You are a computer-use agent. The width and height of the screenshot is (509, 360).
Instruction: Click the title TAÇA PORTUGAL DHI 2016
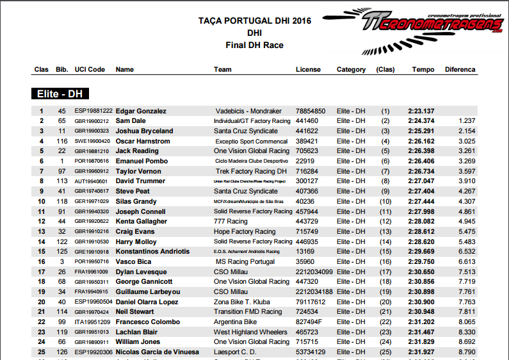coord(254,21)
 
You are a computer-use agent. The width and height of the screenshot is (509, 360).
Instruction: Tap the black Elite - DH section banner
coord(60,94)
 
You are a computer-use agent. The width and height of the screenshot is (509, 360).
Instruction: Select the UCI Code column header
coord(89,69)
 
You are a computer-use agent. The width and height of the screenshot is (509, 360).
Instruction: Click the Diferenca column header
coord(460,69)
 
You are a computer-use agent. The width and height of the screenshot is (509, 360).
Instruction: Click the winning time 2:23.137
coord(421,111)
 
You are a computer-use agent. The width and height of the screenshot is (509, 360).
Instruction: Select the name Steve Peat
coord(134,191)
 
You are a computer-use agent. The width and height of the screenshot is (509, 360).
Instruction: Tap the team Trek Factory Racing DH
coord(251,171)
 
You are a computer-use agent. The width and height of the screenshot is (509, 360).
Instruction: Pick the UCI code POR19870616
coord(92,161)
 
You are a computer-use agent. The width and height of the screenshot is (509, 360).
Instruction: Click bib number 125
coord(62,252)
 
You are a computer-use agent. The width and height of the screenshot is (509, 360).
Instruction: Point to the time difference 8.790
coord(467,352)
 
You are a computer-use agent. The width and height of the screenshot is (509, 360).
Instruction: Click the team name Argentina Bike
coord(236,322)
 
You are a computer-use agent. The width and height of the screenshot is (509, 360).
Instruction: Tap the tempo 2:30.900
coord(421,302)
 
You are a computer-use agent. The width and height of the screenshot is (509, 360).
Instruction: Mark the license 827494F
coord(309,322)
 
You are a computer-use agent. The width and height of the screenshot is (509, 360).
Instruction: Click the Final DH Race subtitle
coord(254,45)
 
